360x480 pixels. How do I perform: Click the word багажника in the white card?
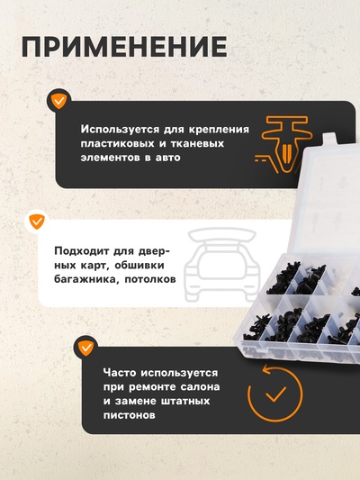[87, 280]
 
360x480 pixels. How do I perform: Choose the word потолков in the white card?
[152, 280]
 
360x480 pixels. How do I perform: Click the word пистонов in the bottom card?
[131, 415]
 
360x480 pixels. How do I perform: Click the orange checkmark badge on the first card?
[58, 101]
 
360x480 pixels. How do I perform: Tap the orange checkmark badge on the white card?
[37, 221]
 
